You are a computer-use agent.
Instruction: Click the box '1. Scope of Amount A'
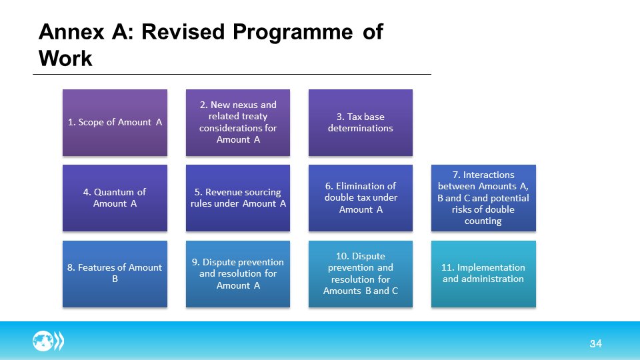[x=115, y=123]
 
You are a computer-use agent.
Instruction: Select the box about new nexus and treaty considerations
[x=238, y=123]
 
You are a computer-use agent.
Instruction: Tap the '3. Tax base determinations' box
[x=360, y=123]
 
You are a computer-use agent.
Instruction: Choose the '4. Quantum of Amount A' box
[x=115, y=198]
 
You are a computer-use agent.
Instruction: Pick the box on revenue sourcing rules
[x=238, y=198]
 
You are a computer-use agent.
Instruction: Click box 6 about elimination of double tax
[x=360, y=198]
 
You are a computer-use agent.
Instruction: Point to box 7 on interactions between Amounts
[x=483, y=198]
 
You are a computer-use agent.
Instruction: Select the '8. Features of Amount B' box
[x=115, y=273]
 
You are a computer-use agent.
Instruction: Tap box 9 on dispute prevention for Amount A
[x=238, y=273]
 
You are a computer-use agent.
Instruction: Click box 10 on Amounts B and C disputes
[x=360, y=273]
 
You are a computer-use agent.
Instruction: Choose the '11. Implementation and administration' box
[x=483, y=273]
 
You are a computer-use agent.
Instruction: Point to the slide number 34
[x=595, y=344]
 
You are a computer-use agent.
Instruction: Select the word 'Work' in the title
[x=65, y=59]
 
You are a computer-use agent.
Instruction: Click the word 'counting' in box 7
[x=483, y=221]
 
